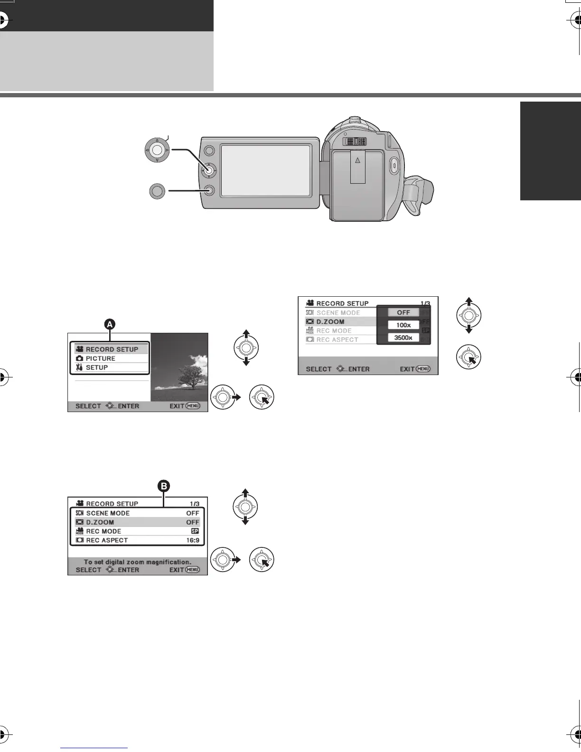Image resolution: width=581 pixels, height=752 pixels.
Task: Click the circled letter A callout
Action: (110, 324)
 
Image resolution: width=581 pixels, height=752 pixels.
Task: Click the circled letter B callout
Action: (163, 486)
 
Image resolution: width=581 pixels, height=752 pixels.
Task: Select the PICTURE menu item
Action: (101, 358)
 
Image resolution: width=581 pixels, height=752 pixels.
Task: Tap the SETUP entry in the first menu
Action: (97, 367)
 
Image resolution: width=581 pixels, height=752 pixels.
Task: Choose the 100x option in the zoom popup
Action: (403, 325)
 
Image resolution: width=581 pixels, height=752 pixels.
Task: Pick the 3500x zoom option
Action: (403, 338)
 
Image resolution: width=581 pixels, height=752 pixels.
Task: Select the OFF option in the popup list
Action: (403, 312)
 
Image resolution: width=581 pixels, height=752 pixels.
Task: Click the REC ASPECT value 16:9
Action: (193, 540)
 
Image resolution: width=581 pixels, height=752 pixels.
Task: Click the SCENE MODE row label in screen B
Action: (108, 513)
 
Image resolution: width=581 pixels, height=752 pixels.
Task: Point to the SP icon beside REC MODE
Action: (195, 531)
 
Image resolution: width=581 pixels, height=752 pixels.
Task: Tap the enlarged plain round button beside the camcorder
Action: (157, 191)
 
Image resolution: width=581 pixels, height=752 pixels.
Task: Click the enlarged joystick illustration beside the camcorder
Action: (157, 151)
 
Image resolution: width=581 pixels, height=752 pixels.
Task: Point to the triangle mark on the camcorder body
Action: (358, 160)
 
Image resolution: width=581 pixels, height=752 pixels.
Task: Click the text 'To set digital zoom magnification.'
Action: (138, 562)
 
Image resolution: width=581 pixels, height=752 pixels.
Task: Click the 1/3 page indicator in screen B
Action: (193, 504)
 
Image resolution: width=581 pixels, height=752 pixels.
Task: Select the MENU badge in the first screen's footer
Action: (193, 406)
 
